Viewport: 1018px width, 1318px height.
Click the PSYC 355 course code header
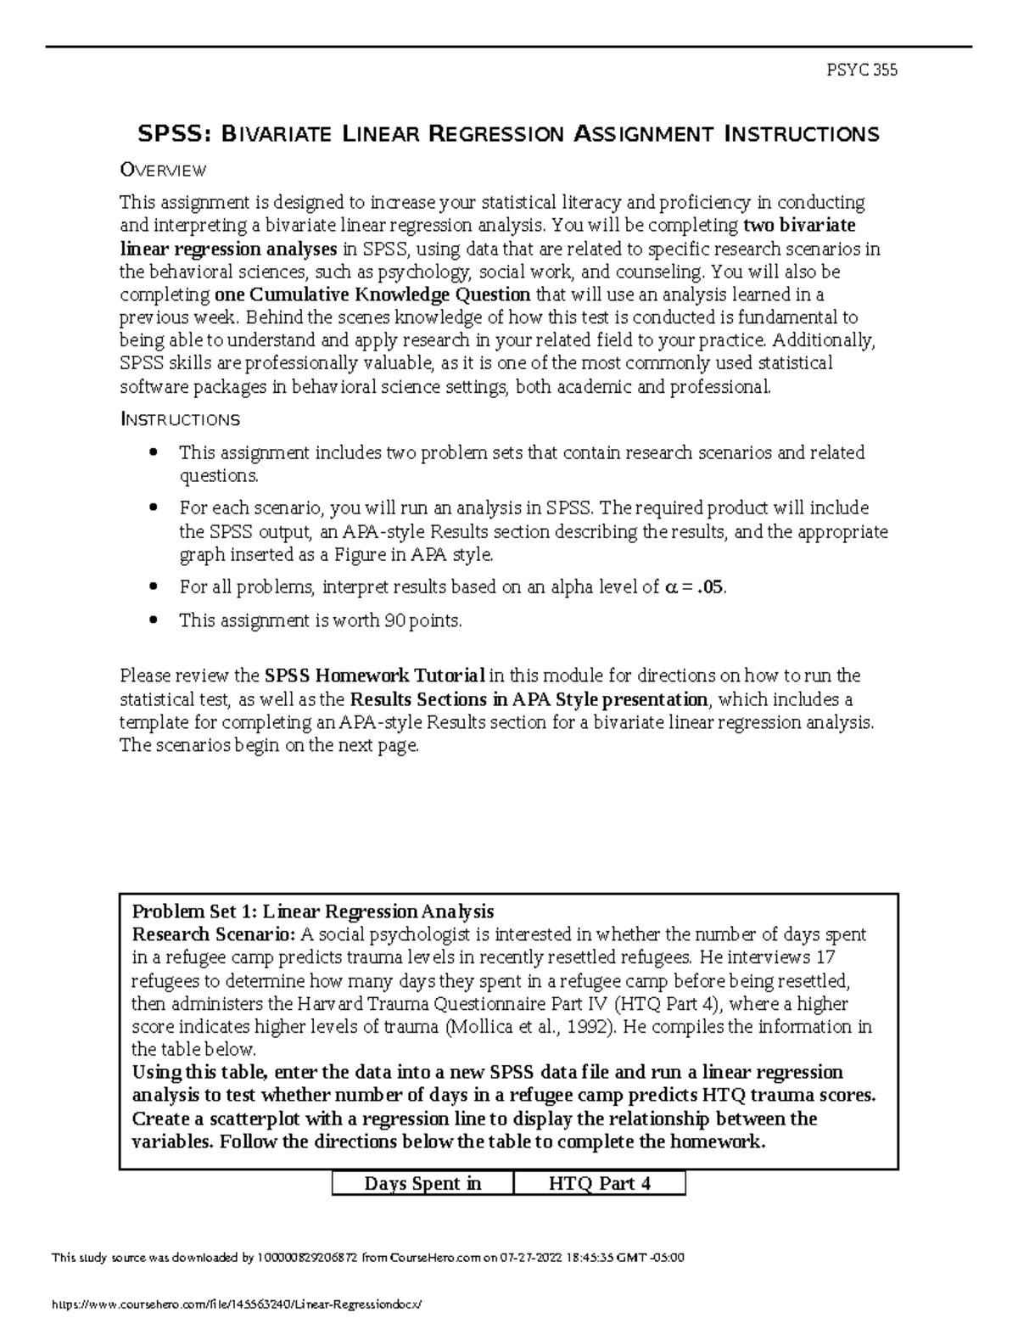click(x=862, y=70)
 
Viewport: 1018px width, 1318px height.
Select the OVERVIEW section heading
click(x=163, y=171)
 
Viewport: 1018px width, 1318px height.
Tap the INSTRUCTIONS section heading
click(x=180, y=420)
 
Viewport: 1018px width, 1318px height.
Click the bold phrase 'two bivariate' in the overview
click(x=799, y=226)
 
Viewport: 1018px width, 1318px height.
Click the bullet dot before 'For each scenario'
click(x=153, y=508)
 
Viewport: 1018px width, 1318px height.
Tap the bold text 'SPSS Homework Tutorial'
click(x=374, y=676)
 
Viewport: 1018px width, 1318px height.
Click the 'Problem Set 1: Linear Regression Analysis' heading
click(x=313, y=912)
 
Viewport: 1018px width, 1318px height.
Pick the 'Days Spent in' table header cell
click(x=422, y=1184)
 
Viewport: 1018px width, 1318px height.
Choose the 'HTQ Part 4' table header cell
click(x=600, y=1184)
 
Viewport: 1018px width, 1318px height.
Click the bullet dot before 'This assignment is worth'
click(x=153, y=620)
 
